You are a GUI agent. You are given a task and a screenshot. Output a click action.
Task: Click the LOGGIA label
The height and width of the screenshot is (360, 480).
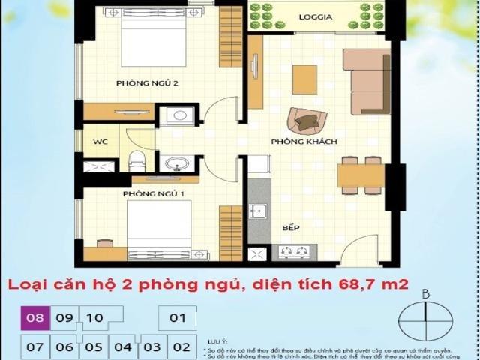point(316,16)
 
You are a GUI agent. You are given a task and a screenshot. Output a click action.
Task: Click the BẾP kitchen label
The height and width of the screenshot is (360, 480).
point(292,226)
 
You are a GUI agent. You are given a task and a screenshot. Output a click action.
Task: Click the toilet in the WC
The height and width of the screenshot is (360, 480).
point(136,160)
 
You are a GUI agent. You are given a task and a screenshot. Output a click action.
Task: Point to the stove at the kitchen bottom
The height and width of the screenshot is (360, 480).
point(294,252)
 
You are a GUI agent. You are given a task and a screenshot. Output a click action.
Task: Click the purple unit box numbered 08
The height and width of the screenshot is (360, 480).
point(35,318)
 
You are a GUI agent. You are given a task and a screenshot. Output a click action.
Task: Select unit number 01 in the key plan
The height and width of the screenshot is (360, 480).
point(178,318)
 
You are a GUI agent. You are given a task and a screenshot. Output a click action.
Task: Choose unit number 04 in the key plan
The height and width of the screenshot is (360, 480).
point(123,347)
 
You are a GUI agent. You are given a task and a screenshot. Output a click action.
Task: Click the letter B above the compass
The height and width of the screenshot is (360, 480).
point(425,293)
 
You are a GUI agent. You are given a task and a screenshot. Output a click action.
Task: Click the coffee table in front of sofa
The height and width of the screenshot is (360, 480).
point(304,80)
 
